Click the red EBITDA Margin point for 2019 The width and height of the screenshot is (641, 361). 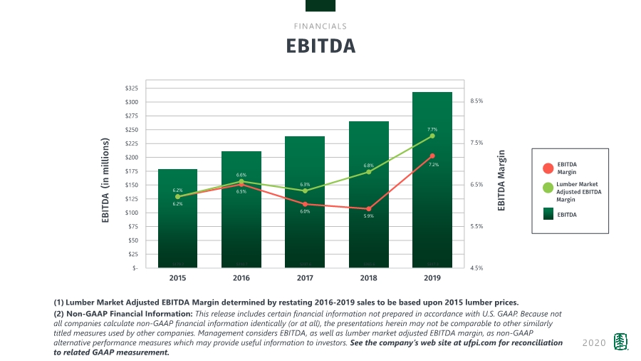pyautogui.click(x=432, y=156)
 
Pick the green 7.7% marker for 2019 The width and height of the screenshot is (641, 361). pyautogui.click(x=432, y=136)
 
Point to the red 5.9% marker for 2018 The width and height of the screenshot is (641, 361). pyautogui.click(x=369, y=209)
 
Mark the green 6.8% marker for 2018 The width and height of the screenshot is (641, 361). pyautogui.click(x=369, y=172)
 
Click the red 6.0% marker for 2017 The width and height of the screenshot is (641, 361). pyautogui.click(x=305, y=204)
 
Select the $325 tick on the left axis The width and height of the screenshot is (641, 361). pyautogui.click(x=132, y=88)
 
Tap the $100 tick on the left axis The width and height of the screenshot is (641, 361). pyautogui.click(x=132, y=213)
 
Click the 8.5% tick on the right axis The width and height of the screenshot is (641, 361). pyautogui.click(x=477, y=101)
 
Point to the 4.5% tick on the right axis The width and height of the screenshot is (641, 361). pyautogui.click(x=477, y=268)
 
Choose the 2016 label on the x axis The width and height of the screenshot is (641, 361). pyautogui.click(x=241, y=278)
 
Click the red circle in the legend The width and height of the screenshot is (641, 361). pyautogui.click(x=548, y=168)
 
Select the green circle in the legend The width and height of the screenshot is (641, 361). pyautogui.click(x=548, y=188)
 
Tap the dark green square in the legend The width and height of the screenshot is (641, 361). pyautogui.click(x=548, y=214)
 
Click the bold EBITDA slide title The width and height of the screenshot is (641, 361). pyautogui.click(x=320, y=46)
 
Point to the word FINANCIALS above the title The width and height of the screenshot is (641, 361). pyautogui.click(x=320, y=26)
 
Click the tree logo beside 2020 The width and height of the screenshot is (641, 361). pyautogui.click(x=621, y=342)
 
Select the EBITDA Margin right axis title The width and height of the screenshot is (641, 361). pyautogui.click(x=501, y=180)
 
